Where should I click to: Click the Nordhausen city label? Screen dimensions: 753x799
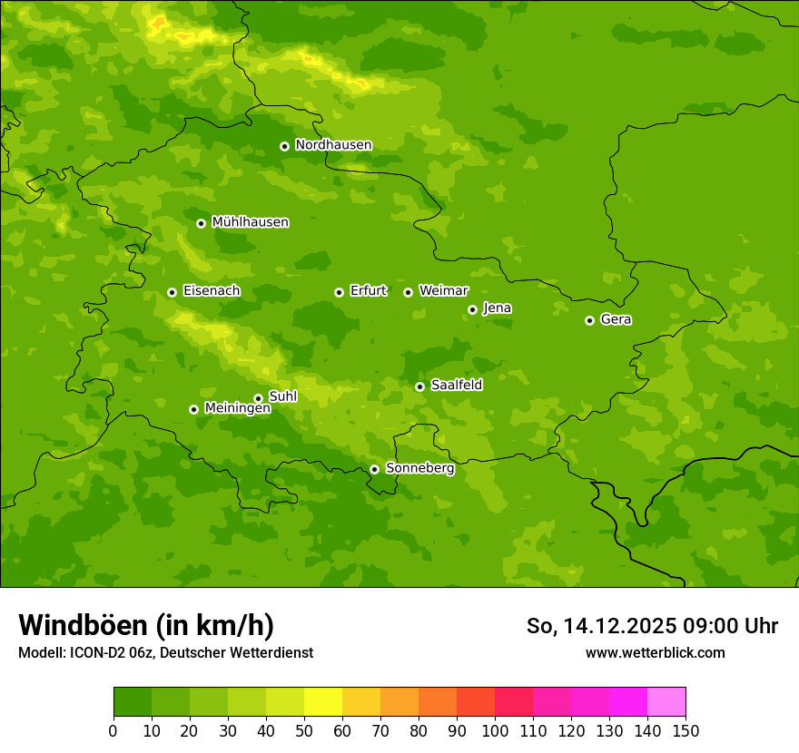(333, 145)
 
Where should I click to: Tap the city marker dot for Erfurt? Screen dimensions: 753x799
(339, 292)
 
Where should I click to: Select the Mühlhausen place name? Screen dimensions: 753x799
(250, 222)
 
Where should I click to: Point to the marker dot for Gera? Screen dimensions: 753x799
(589, 320)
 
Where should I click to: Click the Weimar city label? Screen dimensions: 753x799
(443, 291)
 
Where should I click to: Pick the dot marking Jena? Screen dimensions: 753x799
(472, 309)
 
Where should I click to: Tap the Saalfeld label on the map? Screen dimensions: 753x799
(456, 386)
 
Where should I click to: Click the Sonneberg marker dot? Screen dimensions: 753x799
(374, 469)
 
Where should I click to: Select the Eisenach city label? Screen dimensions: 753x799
(212, 291)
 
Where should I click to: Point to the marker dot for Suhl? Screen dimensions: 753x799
(258, 398)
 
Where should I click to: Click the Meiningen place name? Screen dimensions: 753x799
(237, 409)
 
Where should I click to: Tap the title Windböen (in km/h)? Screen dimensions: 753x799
(146, 625)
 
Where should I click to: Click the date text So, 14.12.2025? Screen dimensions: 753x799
(600, 626)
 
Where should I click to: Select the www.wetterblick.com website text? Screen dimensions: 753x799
(655, 652)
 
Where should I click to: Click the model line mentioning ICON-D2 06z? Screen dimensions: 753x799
(165, 652)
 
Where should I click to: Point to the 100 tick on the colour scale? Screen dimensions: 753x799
(495, 730)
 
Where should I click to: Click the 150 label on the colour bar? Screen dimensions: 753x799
(685, 730)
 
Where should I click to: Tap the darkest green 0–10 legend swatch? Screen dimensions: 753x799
(133, 702)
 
